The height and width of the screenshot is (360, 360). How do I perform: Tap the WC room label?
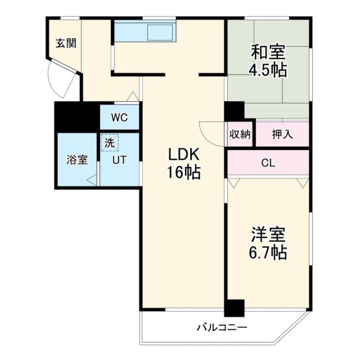[119, 118]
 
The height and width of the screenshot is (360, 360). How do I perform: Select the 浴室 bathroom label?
[77, 160]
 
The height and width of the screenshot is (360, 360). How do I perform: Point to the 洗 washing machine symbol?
[110, 143]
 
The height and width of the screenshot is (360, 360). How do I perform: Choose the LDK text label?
[183, 155]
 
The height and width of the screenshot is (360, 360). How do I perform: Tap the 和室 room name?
[268, 53]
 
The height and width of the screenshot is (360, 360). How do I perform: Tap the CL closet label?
[268, 163]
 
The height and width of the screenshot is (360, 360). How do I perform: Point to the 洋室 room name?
[268, 235]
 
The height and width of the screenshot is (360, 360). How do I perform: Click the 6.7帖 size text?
[268, 253]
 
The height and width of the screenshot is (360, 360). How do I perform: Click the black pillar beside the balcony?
[234, 308]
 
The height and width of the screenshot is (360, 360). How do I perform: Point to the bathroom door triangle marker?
[92, 179]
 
